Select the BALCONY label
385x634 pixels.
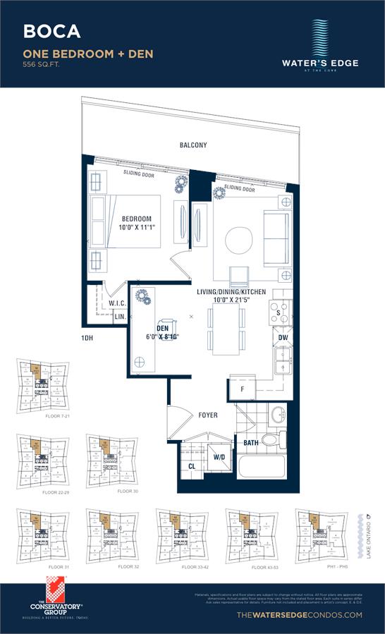click(192, 145)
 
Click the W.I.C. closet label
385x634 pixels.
click(117, 305)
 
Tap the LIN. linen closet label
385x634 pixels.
click(120, 317)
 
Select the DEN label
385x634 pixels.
click(162, 327)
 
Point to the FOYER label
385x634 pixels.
click(207, 415)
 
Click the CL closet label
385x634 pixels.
click(192, 466)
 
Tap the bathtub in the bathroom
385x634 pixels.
click(262, 468)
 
